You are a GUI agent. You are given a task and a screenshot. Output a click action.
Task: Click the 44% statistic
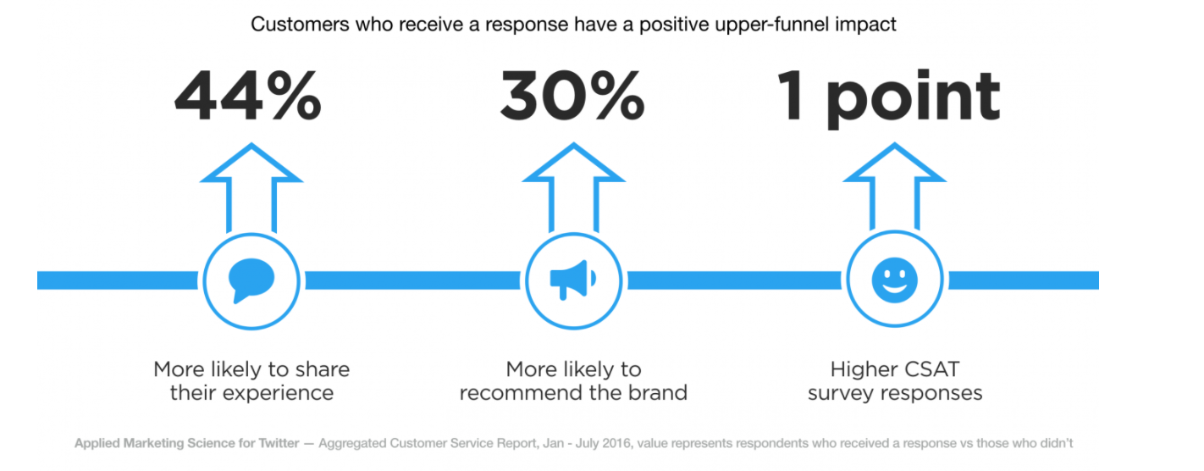coord(248,96)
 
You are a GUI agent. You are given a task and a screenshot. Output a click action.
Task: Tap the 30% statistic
coord(572,96)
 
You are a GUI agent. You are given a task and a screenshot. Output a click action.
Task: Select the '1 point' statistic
coord(888,98)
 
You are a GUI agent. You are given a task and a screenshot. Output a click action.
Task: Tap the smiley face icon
coord(894,280)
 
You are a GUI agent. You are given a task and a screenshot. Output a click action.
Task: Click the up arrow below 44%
coord(251,188)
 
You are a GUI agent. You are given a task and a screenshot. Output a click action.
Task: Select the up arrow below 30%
coord(573,188)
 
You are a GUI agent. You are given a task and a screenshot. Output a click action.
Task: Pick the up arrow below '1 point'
coord(894,186)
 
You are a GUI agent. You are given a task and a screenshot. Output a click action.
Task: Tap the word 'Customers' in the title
coord(300,25)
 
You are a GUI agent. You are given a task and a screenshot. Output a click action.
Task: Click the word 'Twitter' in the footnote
coord(279,443)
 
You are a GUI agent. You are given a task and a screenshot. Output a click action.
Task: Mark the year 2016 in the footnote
coord(616,443)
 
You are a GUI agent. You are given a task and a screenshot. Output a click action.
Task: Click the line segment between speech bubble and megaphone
coord(413,280)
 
